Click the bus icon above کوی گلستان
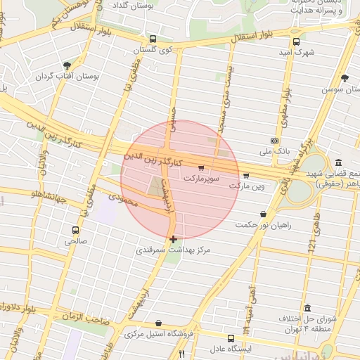click(x=153, y=39)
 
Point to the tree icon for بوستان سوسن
click(x=344, y=78)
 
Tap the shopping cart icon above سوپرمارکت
click(x=201, y=168)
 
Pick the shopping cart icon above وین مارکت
click(x=245, y=176)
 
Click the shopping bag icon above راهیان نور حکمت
click(x=263, y=214)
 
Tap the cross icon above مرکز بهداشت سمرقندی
click(x=174, y=239)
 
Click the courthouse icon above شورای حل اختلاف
click(x=308, y=308)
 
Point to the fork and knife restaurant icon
click(x=181, y=354)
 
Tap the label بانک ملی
click(x=274, y=150)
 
